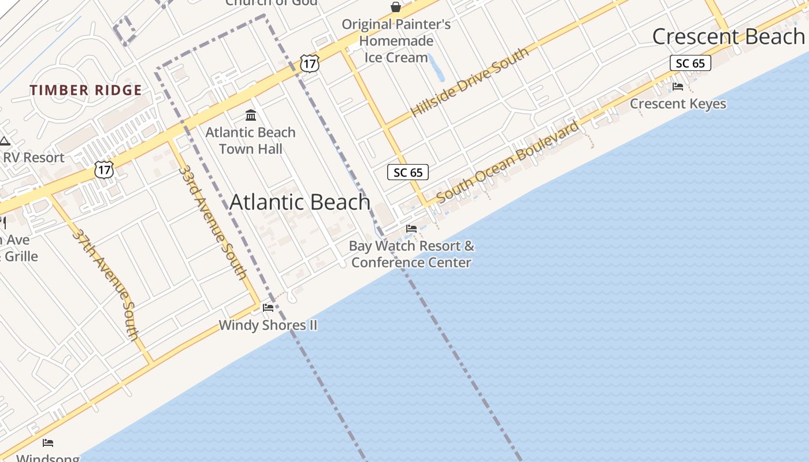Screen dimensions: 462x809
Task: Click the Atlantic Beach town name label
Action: coord(300,202)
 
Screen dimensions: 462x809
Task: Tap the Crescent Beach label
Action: coord(728,36)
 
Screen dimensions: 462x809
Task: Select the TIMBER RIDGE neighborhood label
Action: coord(86,90)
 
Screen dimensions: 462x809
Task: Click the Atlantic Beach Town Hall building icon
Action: coord(251,115)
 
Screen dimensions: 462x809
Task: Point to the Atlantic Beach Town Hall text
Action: coord(251,140)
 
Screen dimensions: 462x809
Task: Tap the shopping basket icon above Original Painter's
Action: coord(396,7)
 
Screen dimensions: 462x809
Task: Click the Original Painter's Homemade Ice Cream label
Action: coord(396,41)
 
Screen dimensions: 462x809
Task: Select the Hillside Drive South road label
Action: coord(469,81)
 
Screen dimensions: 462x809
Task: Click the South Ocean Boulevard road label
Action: coord(507,162)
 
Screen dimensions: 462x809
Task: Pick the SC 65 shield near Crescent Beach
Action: coord(690,63)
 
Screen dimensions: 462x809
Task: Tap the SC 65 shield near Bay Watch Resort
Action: coord(408,172)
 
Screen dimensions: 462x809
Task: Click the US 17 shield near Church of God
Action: coord(310,63)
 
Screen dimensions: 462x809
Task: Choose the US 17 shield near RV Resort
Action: coord(104,170)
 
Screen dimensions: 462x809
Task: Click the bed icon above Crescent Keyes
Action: coord(678,87)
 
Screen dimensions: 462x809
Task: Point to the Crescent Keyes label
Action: coord(678,104)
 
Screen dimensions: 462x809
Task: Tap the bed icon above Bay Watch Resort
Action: coord(411,229)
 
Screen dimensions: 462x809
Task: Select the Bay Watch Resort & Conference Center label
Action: coord(411,254)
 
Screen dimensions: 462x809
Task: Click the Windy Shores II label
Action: coord(268,325)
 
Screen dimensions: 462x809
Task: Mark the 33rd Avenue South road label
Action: coord(213,222)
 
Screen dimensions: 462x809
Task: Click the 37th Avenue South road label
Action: coord(106,283)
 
